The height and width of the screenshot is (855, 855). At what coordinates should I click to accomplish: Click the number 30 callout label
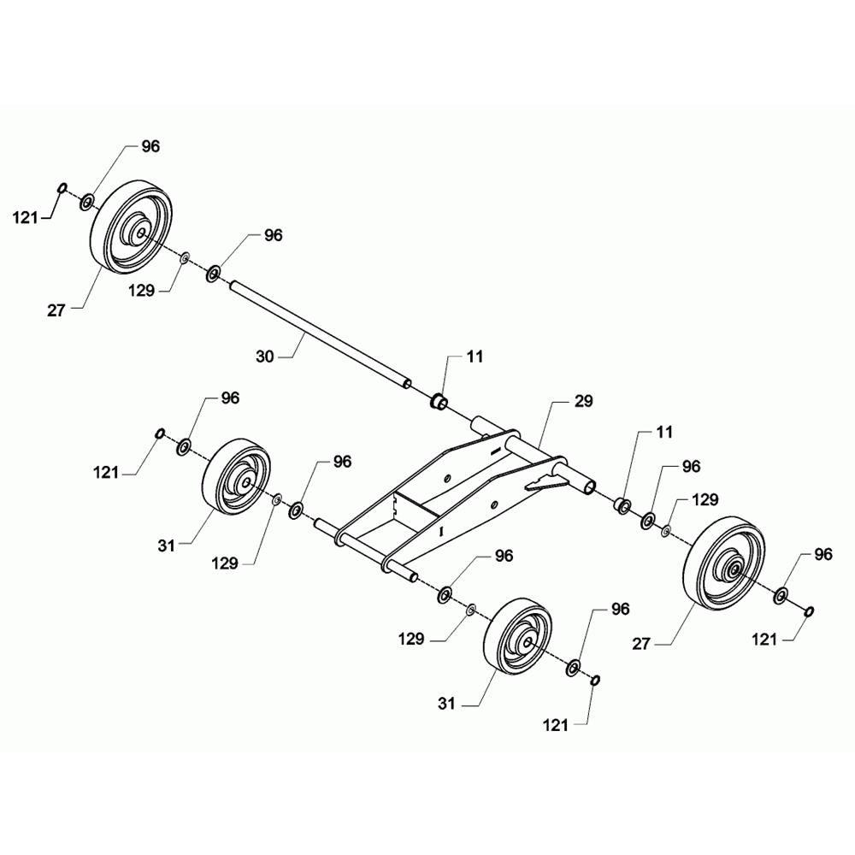[x=264, y=357]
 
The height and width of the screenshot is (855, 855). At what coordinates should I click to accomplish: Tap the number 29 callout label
[x=583, y=401]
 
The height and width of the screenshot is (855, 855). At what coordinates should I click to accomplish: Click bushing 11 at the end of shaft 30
[x=439, y=401]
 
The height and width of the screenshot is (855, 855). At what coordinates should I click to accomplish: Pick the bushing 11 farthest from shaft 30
[x=623, y=505]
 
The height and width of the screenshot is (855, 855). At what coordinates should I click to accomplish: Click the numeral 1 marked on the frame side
[x=442, y=530]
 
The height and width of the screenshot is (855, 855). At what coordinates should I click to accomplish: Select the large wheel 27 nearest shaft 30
[x=131, y=226]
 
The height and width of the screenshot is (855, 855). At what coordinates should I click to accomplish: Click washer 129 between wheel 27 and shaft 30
[x=185, y=257]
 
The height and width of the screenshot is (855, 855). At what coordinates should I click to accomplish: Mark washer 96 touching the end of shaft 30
[x=213, y=273]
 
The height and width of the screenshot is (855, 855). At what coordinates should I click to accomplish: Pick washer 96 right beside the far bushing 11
[x=648, y=520]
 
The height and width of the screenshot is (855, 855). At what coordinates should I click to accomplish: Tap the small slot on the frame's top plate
[x=494, y=451]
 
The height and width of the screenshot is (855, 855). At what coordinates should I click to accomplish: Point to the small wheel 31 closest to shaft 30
[x=237, y=476]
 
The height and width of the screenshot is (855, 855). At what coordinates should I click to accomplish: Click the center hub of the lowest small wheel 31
[x=528, y=643]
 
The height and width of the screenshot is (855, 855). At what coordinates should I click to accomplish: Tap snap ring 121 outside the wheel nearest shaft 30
[x=62, y=188]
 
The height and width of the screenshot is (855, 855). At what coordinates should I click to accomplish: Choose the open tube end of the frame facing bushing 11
[x=590, y=487]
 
